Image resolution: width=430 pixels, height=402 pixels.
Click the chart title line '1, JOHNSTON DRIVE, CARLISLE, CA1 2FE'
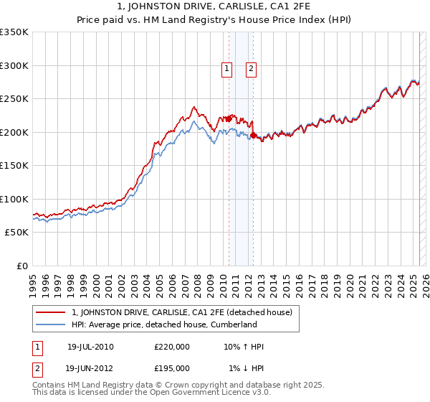pyautogui.click(x=214, y=8)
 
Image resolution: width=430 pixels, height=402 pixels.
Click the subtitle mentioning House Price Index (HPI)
pyautogui.click(x=214, y=21)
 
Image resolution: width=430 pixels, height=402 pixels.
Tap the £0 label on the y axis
pyautogui.click(x=21, y=266)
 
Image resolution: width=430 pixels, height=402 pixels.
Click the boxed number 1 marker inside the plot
pyautogui.click(x=226, y=69)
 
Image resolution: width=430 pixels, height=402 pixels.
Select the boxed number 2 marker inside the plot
pyautogui.click(x=252, y=69)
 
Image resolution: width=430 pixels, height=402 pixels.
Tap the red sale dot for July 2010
pyautogui.click(x=229, y=119)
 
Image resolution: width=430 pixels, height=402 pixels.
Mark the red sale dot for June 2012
pyautogui.click(x=254, y=136)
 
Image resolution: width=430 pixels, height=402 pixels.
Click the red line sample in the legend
pyautogui.click(x=50, y=313)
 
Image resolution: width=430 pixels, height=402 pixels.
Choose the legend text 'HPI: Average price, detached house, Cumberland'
pyautogui.click(x=164, y=324)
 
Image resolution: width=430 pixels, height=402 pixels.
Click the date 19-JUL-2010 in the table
pyautogui.click(x=90, y=347)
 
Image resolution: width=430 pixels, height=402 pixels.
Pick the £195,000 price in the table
pyautogui.click(x=172, y=368)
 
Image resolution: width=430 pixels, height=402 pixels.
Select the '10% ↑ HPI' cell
pyautogui.click(x=244, y=347)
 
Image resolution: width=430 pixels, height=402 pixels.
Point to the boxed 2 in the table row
pyautogui.click(x=38, y=368)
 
